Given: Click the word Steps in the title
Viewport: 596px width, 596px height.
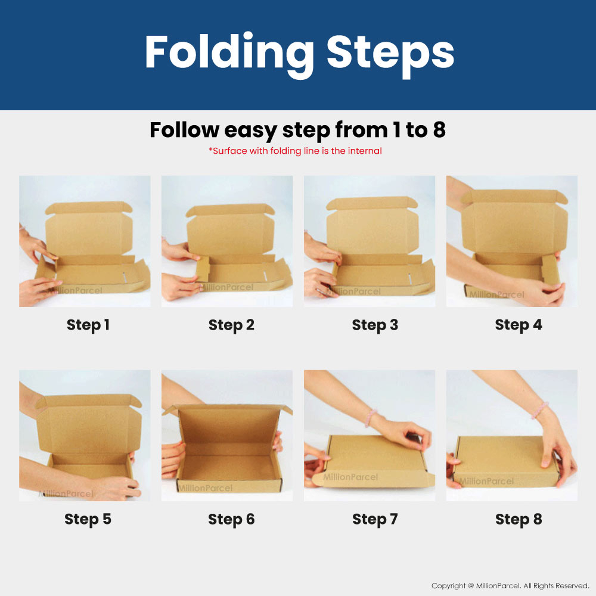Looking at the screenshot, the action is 390,52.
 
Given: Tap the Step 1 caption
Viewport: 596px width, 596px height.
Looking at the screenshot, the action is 88,325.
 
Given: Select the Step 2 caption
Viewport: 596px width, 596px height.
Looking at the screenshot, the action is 231,325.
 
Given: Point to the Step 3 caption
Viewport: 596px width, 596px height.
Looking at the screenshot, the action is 375,325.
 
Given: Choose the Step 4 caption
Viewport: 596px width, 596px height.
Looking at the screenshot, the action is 519,325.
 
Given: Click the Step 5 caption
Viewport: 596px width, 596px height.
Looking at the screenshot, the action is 88,519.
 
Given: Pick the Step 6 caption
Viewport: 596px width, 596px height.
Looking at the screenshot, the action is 231,520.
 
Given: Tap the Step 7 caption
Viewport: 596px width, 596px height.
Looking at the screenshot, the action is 375,519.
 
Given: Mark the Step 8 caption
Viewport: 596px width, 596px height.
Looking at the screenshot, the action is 519,519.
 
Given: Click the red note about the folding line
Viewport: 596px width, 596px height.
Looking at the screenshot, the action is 296,151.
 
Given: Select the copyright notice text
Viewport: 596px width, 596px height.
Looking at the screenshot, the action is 510,586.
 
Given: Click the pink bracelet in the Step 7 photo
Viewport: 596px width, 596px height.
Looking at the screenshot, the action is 370,417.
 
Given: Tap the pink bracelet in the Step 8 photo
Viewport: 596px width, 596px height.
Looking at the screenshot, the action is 540,410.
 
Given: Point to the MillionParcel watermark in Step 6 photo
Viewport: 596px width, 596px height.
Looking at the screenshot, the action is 205,488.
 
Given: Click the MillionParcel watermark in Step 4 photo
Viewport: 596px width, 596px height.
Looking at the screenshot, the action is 496,294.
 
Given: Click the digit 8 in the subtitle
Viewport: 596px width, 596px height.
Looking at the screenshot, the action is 439,129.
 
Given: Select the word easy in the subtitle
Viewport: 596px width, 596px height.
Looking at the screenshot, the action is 251,131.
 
